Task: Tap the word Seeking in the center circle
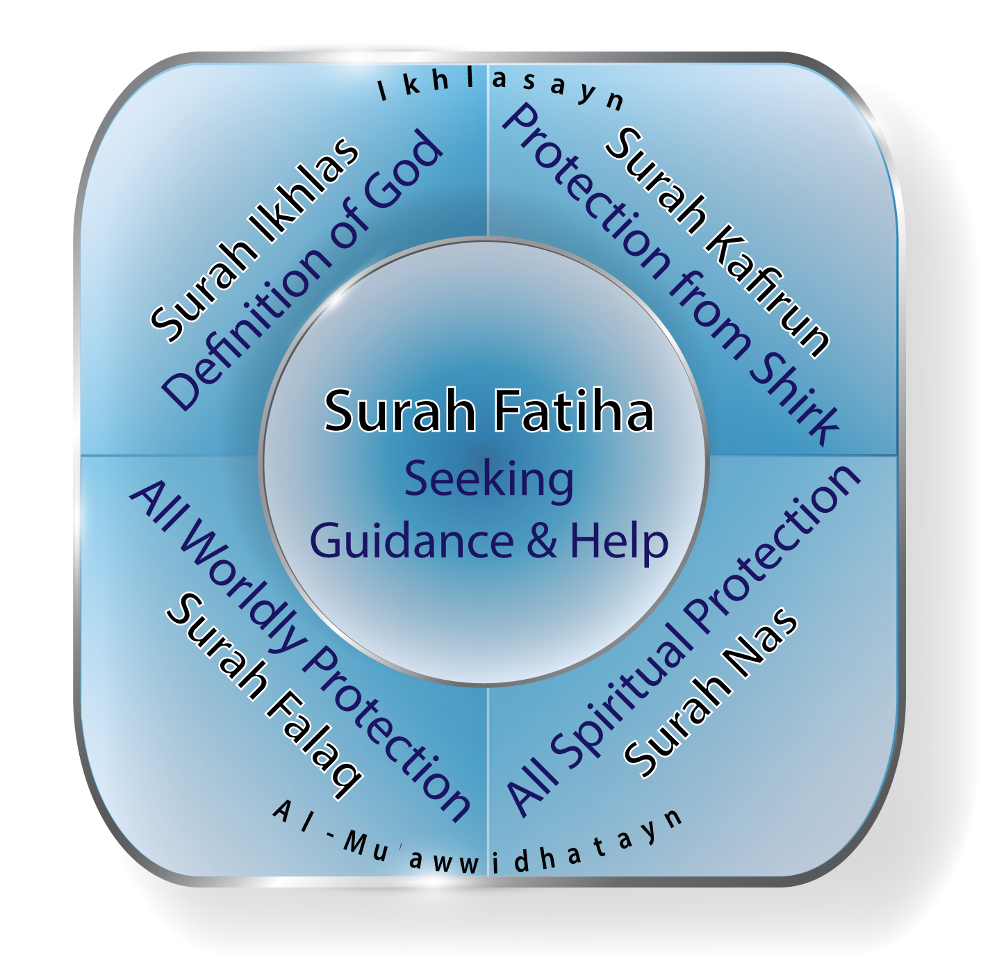(x=489, y=480)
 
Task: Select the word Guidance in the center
(x=412, y=541)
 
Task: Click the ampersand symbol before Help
(x=542, y=541)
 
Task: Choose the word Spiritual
(x=625, y=688)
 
